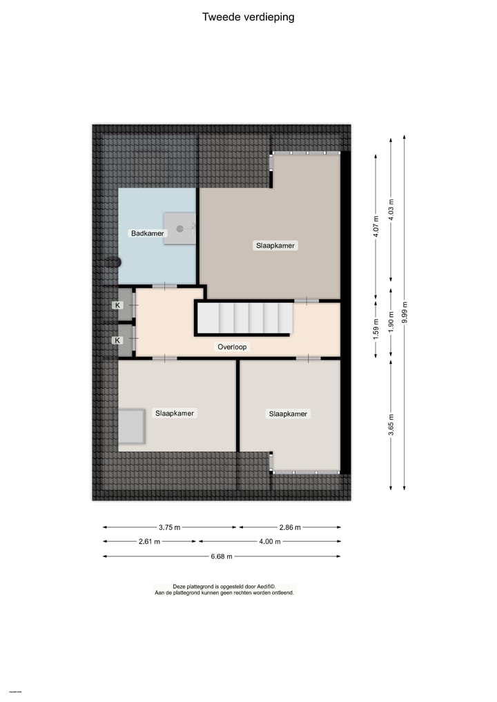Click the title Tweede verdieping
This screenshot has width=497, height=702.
(x=248, y=17)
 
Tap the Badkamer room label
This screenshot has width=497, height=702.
(x=148, y=233)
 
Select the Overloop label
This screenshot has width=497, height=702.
(x=232, y=347)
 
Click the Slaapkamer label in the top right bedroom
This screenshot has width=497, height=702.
(x=275, y=246)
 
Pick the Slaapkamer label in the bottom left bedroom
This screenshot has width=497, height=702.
(x=175, y=413)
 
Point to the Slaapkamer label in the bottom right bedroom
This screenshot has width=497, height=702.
(x=288, y=414)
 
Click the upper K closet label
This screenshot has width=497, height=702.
(x=117, y=305)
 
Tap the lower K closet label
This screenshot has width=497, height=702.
(x=117, y=340)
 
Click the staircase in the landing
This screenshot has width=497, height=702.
(x=245, y=318)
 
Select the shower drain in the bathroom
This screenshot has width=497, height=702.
(x=179, y=228)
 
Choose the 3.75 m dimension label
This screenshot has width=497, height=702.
(x=169, y=527)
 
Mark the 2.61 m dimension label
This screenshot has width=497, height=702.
(x=149, y=542)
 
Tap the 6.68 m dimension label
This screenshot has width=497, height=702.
(x=221, y=556)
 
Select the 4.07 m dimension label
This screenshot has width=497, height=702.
(x=376, y=226)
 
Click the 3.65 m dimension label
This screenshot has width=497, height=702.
(x=391, y=423)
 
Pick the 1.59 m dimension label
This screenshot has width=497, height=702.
(x=376, y=329)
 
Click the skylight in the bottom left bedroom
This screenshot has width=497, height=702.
(x=131, y=427)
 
